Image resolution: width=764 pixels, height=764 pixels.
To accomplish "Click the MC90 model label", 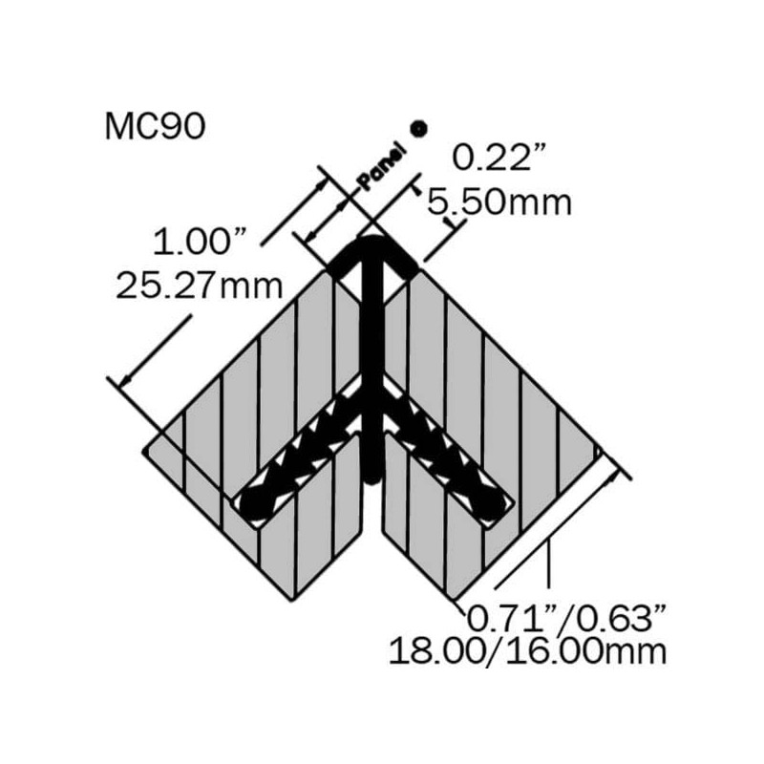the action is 155,127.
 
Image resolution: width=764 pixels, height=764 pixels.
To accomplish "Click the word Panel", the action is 383,165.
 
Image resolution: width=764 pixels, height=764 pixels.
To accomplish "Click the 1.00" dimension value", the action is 199,242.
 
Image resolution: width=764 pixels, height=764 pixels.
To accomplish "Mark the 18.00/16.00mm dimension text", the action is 528,651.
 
